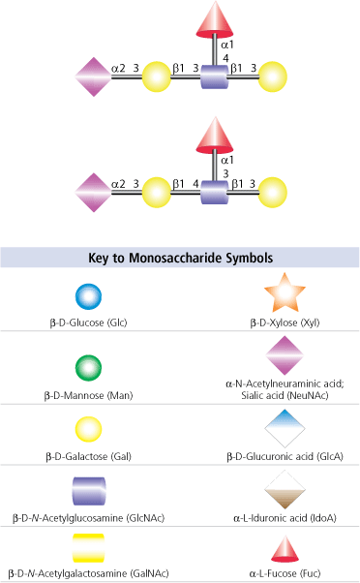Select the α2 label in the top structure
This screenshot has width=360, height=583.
click(x=119, y=69)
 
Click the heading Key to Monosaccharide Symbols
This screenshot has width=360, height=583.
click(x=180, y=259)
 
